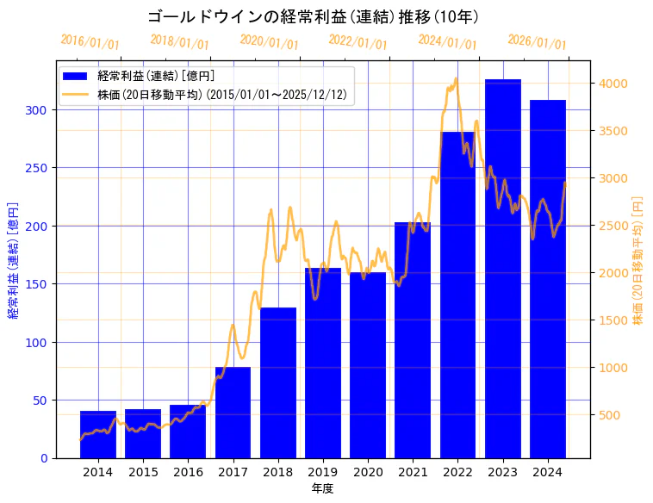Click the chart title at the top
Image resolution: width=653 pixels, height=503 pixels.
pyautogui.click(x=314, y=16)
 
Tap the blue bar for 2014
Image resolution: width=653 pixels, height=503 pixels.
pyautogui.click(x=98, y=435)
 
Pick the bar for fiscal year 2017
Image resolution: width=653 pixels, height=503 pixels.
pyautogui.click(x=233, y=413)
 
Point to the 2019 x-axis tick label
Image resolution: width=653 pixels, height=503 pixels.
pyautogui.click(x=323, y=472)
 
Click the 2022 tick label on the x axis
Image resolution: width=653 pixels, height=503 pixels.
pyautogui.click(x=457, y=472)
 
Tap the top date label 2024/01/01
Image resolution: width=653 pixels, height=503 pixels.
pyautogui.click(x=447, y=42)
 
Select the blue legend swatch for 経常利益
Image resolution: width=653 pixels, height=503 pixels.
pyautogui.click(x=77, y=77)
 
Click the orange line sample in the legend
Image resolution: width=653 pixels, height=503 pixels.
pyautogui.click(x=77, y=95)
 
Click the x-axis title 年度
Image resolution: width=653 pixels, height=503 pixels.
pyautogui.click(x=323, y=488)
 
